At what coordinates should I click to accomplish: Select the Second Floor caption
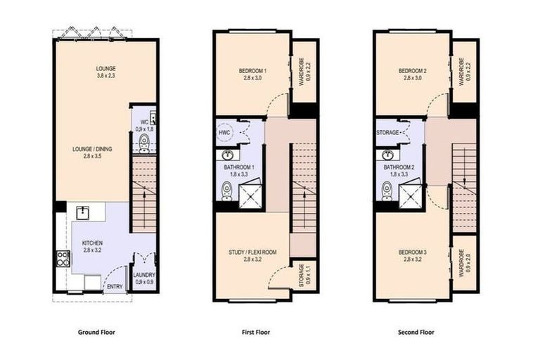point(415,332)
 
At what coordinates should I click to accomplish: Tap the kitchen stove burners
point(63,259)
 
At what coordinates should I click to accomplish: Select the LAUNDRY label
point(144,275)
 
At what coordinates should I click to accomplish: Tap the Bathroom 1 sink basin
point(228,155)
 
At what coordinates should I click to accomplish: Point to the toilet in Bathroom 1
point(226,190)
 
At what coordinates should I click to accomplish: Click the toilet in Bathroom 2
point(387,190)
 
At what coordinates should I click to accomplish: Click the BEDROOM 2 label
point(413,71)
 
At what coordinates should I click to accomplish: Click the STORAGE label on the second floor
point(388,132)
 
